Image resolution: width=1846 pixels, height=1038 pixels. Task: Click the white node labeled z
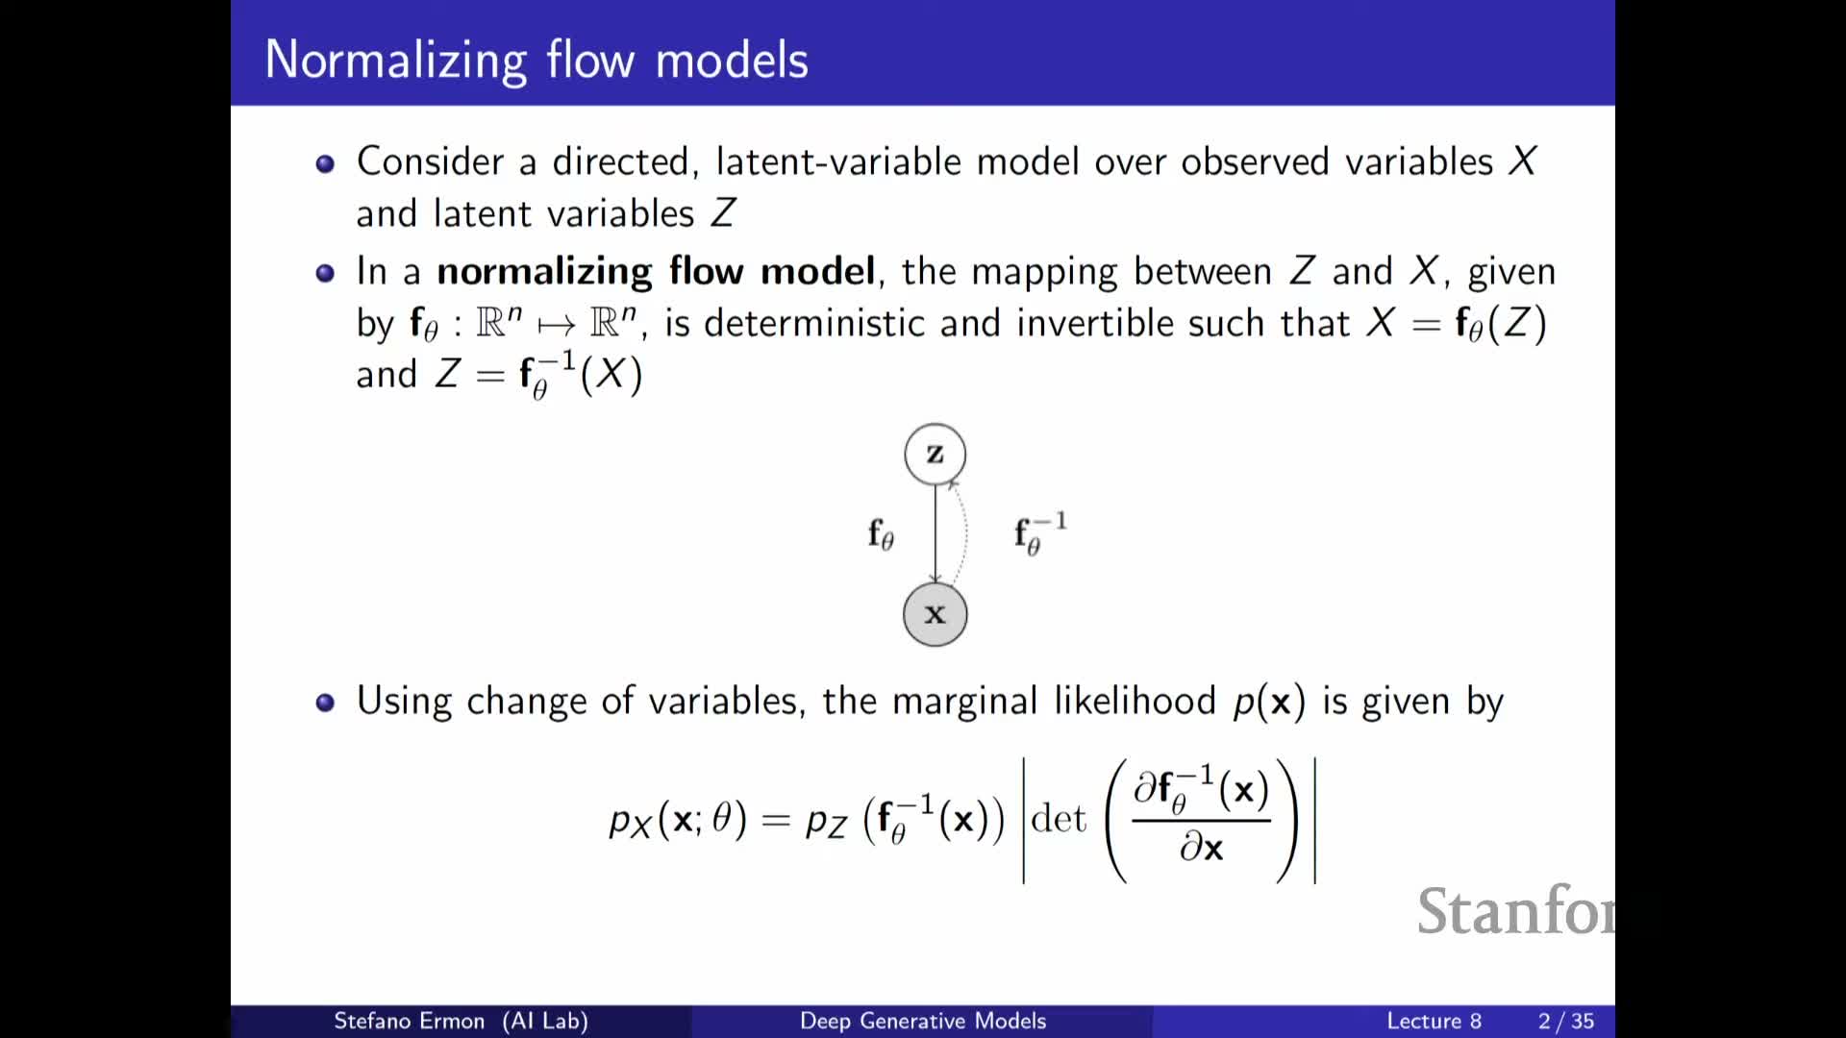click(x=935, y=454)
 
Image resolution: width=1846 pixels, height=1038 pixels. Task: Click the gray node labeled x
click(x=935, y=614)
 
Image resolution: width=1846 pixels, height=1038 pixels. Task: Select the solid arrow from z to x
click(x=935, y=533)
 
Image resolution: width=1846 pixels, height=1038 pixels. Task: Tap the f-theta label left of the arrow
click(x=881, y=533)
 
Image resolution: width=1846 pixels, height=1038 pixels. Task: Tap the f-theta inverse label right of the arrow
click(x=1040, y=533)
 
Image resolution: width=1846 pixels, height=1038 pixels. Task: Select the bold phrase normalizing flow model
click(x=656, y=271)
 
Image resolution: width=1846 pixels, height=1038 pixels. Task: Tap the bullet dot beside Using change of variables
click(x=325, y=703)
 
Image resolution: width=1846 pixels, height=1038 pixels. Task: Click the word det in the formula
click(x=1058, y=819)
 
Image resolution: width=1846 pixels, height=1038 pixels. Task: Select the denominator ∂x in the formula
click(x=1202, y=848)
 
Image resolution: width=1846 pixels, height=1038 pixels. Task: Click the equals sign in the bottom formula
click(x=776, y=820)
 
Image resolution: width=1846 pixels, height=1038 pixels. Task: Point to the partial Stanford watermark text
click(x=1515, y=911)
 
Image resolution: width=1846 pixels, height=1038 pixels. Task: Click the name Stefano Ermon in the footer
click(x=409, y=1021)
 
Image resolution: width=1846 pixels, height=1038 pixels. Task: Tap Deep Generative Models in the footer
click(x=923, y=1021)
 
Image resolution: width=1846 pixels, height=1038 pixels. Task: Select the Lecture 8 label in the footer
click(x=1434, y=1021)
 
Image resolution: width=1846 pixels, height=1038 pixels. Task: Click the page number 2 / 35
click(x=1566, y=1021)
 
